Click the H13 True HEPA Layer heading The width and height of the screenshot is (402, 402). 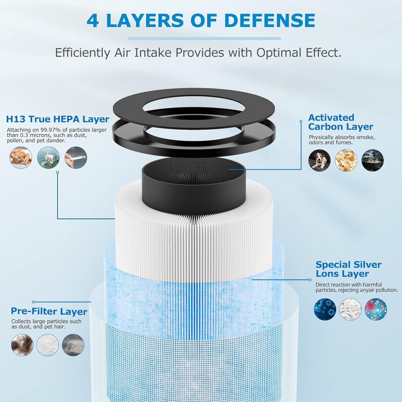[58, 119]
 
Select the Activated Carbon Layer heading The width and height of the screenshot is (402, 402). [341, 122]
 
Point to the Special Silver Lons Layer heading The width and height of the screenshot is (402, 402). [348, 269]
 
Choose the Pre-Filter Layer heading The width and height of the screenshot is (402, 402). [49, 312]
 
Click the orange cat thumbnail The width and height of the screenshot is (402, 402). [21, 157]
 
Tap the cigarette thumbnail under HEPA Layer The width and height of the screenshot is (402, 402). [76, 157]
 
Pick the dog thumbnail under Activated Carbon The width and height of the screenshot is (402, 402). [319, 160]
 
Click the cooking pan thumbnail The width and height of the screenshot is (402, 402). [373, 160]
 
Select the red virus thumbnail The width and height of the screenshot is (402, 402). [376, 309]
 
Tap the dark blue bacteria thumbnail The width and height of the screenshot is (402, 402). [325, 309]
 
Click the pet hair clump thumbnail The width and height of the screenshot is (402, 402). [22, 345]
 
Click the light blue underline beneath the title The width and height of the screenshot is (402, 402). [204, 39]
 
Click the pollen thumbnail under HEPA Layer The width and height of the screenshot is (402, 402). [48, 157]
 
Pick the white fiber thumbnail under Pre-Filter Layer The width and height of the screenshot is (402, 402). [48, 345]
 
